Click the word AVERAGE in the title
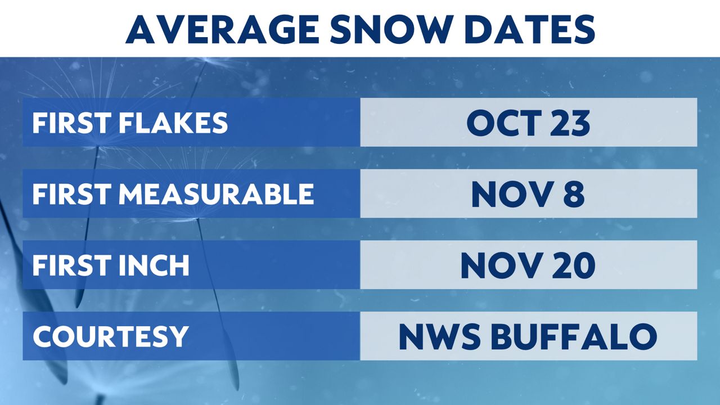pyautogui.click(x=222, y=29)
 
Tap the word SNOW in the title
pyautogui.click(x=389, y=29)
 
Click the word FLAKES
pyautogui.click(x=174, y=123)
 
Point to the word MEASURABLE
pyautogui.click(x=217, y=194)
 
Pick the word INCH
pyautogui.click(x=154, y=265)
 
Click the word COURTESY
pyautogui.click(x=110, y=336)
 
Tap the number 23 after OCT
pyautogui.click(x=570, y=123)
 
